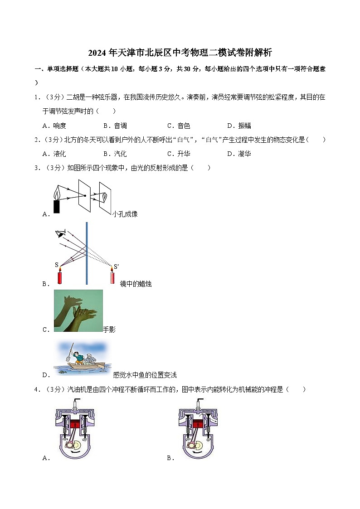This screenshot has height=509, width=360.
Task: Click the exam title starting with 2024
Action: coord(180,53)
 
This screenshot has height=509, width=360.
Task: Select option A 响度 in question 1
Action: coord(54,126)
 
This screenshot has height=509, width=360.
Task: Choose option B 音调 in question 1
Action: coord(115,126)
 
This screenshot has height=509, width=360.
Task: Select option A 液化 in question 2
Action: coord(54,154)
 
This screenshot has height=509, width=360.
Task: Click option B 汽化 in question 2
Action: coord(115,154)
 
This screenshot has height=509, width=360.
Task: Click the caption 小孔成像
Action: coord(125,214)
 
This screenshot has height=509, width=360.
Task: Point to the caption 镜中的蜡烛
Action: coord(136,284)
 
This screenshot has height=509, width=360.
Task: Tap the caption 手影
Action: coord(109,330)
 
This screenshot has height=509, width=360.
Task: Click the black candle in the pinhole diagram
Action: coord(57,206)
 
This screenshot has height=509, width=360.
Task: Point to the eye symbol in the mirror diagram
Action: coord(59,233)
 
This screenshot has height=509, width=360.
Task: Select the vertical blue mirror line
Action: coord(87,254)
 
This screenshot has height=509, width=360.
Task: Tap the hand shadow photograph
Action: coord(78,310)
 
